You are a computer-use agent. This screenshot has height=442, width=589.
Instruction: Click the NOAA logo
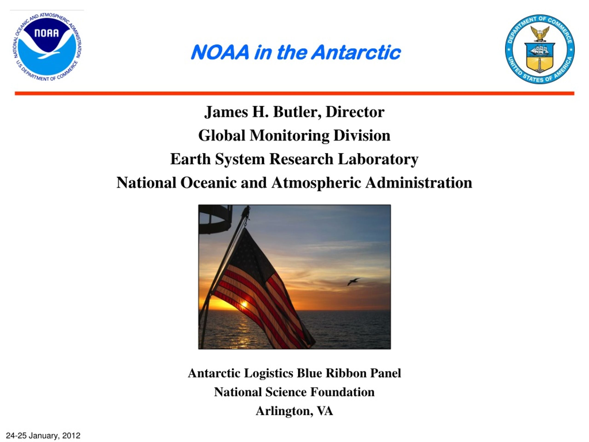[48, 47]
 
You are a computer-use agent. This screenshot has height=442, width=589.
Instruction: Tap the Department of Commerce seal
[540, 49]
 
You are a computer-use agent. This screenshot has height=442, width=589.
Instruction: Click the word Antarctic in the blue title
[356, 52]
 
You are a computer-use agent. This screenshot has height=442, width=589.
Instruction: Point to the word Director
[355, 112]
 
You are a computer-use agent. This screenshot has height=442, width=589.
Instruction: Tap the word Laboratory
[378, 159]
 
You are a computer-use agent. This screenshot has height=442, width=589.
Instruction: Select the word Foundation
[342, 392]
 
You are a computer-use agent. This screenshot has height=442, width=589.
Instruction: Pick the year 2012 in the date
[71, 435]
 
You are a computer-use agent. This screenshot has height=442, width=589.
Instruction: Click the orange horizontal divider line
[294, 93]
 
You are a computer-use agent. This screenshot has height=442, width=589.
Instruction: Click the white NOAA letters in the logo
[47, 33]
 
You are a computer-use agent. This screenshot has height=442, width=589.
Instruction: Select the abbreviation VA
[325, 411]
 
